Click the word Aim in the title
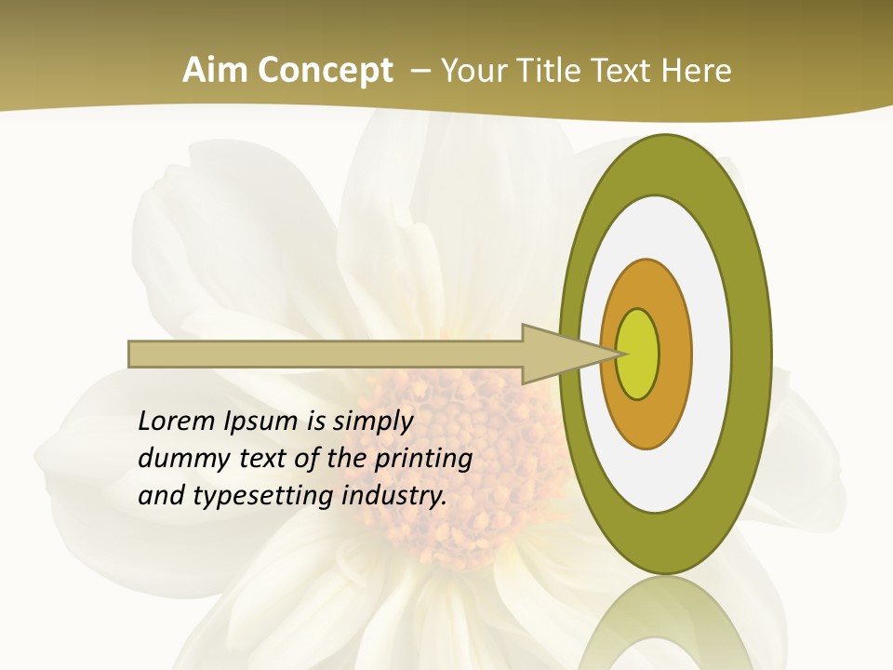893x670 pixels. [x=216, y=71]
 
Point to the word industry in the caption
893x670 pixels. [x=394, y=496]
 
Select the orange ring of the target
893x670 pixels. [x=674, y=354]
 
